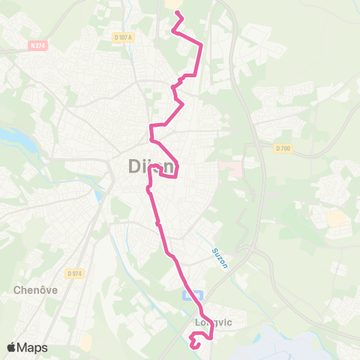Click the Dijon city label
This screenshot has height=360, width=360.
pyautogui.click(x=147, y=167)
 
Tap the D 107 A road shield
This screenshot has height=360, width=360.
pyautogui.click(x=122, y=37)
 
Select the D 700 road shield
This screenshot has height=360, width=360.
pyautogui.click(x=283, y=148)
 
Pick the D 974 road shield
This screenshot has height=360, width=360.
pyautogui.click(x=73, y=273)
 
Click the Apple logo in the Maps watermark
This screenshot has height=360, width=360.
pyautogui.click(x=12, y=347)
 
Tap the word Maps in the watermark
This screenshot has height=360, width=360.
pyautogui.click(x=34, y=347)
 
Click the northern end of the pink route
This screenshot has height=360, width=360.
pyautogui.click(x=177, y=12)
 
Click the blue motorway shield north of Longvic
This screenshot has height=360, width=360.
pyautogui.click(x=191, y=295)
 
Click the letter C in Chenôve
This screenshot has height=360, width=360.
pyautogui.click(x=16, y=289)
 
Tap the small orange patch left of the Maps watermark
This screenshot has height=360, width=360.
pyautogui.click(x=86, y=342)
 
